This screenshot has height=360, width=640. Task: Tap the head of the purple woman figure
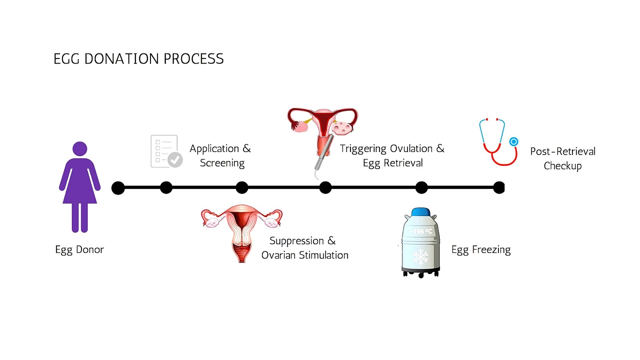pos(80,148)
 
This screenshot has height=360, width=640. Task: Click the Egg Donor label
pos(79,250)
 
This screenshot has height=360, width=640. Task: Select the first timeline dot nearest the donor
pos(118,188)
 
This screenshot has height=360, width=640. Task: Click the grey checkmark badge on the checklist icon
pos(175,160)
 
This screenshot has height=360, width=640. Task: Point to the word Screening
pos(222,163)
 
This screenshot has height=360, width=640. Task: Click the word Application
pos(214,148)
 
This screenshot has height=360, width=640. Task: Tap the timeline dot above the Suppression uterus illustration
pos(242,188)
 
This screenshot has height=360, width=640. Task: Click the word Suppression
pos(296,241)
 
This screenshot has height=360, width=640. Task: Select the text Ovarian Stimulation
pos(305,255)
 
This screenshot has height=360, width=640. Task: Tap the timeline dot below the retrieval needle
pos(326,188)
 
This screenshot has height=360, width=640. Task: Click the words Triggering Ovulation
pos(386,148)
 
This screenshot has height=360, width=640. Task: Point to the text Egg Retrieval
pos(393,163)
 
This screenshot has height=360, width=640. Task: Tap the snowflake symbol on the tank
pos(420,256)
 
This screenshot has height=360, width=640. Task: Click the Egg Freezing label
pos(481,250)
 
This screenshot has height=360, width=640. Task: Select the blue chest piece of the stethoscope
pos(514,142)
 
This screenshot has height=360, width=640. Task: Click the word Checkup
pos(562,166)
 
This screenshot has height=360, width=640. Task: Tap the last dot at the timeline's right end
pos(499,188)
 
